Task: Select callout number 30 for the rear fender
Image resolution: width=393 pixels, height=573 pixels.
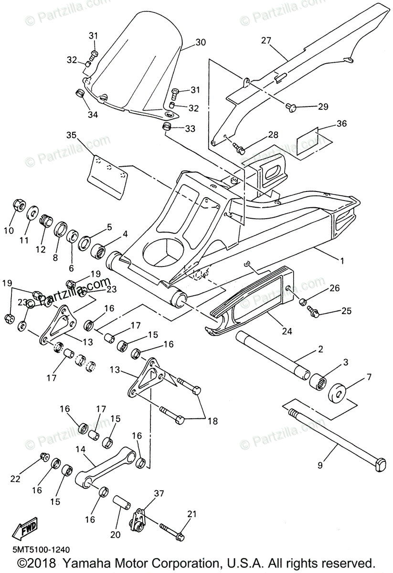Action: pyautogui.click(x=201, y=42)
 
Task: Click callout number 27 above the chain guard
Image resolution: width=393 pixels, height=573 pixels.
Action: pyautogui.click(x=266, y=41)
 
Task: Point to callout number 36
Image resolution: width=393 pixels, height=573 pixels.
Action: pyautogui.click(x=341, y=124)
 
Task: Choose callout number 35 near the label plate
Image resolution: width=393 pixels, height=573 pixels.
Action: pyautogui.click(x=71, y=135)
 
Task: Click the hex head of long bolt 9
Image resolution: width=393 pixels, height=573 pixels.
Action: pyautogui.click(x=381, y=464)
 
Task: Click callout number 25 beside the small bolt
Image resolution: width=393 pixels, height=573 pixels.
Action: pyautogui.click(x=346, y=311)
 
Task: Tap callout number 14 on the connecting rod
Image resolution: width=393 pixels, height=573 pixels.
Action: pyautogui.click(x=80, y=449)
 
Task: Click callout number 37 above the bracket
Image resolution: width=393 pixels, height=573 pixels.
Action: pyautogui.click(x=159, y=493)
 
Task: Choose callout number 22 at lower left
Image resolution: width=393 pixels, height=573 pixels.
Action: pyautogui.click(x=16, y=478)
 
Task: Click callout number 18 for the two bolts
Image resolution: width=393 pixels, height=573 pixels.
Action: pyautogui.click(x=212, y=421)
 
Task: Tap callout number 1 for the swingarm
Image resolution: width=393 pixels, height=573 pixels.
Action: pyautogui.click(x=341, y=261)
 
